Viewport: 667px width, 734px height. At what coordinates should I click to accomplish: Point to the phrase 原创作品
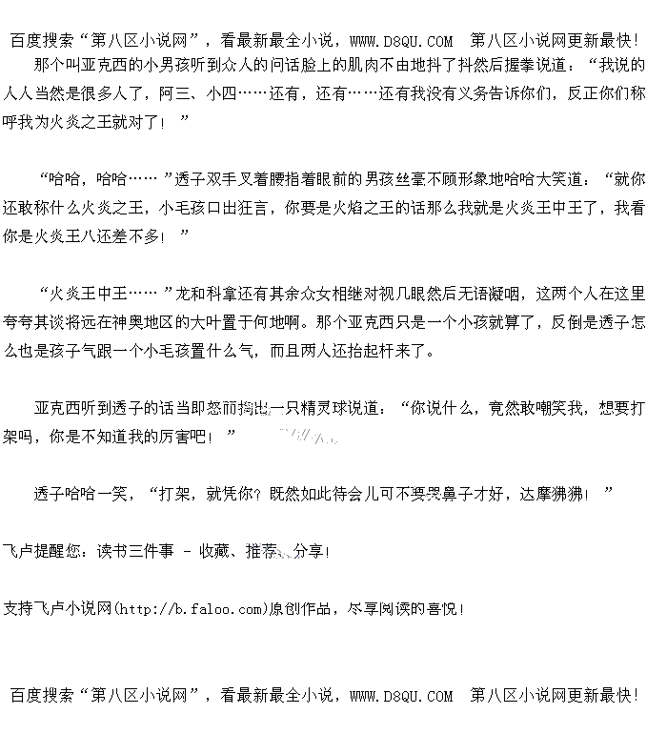(306, 607)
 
